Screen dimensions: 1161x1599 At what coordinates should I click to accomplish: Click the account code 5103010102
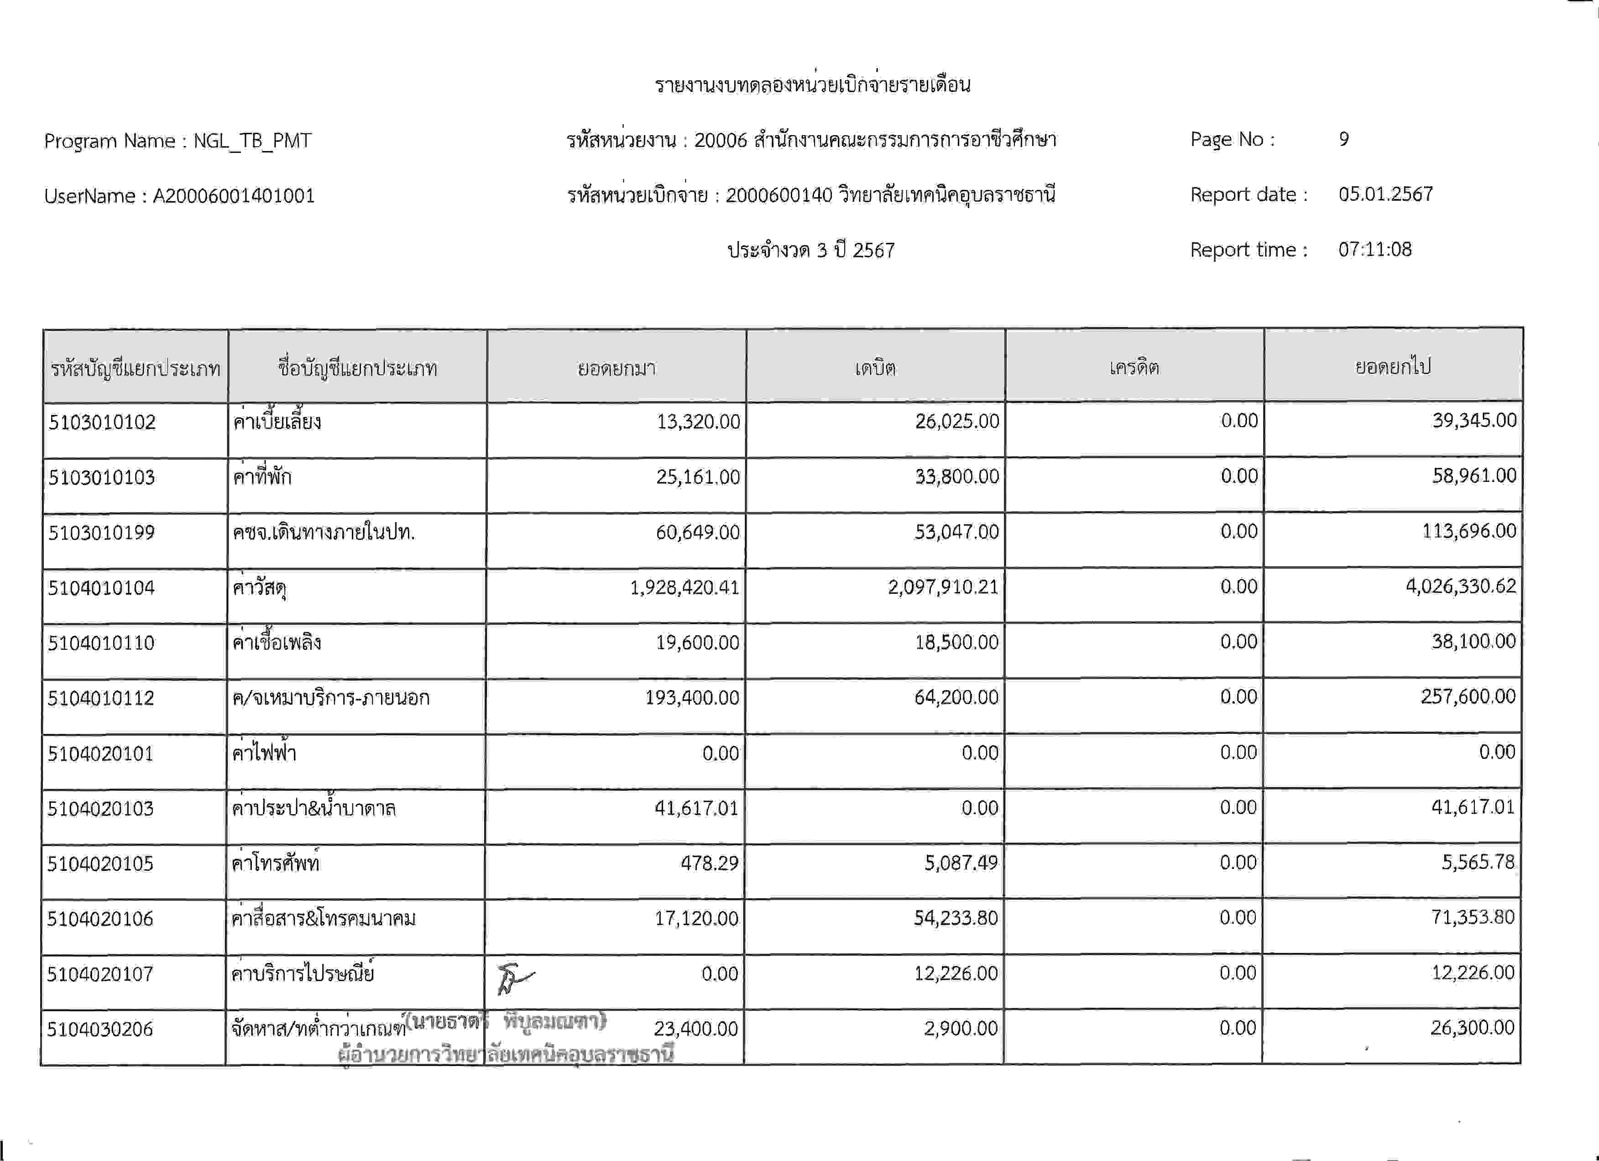[102, 422]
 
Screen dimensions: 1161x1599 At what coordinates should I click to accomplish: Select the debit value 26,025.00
[957, 422]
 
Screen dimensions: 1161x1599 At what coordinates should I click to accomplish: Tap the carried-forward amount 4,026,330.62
[1460, 586]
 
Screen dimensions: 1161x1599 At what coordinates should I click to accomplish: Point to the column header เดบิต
[875, 368]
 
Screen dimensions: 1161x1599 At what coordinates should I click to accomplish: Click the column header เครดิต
[1134, 368]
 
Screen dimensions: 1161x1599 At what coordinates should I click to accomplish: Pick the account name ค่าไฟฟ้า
[264, 753]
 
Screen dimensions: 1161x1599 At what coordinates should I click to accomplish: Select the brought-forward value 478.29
[709, 863]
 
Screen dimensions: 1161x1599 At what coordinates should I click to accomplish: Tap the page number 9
[1344, 139]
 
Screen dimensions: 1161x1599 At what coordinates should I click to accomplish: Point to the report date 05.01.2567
[1385, 194]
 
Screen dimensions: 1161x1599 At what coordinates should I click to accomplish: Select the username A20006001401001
[233, 195]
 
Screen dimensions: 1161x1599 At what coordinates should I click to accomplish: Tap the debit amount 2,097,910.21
[943, 587]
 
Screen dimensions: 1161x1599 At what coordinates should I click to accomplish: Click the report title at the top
[812, 84]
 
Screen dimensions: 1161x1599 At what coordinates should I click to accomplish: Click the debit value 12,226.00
[955, 973]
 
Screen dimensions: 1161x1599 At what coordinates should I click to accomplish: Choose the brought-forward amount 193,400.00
[692, 698]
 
